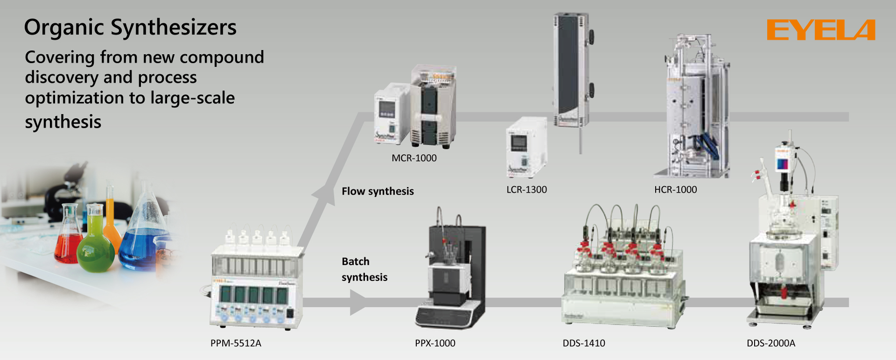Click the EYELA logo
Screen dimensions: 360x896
point(820,30)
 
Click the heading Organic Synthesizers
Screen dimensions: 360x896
point(130,27)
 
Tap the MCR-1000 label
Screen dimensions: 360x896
point(414,158)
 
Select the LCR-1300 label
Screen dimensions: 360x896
point(526,190)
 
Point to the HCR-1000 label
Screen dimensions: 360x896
point(675,190)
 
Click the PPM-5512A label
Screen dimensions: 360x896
point(236,343)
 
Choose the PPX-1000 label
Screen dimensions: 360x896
point(435,343)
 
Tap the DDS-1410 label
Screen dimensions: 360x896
point(584,343)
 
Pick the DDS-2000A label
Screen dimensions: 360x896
point(770,343)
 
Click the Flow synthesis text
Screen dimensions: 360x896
point(378,191)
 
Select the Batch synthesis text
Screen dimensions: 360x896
point(364,269)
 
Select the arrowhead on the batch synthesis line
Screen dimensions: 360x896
point(358,302)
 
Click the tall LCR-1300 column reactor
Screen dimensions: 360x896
point(570,70)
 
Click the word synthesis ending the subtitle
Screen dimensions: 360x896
point(63,122)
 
